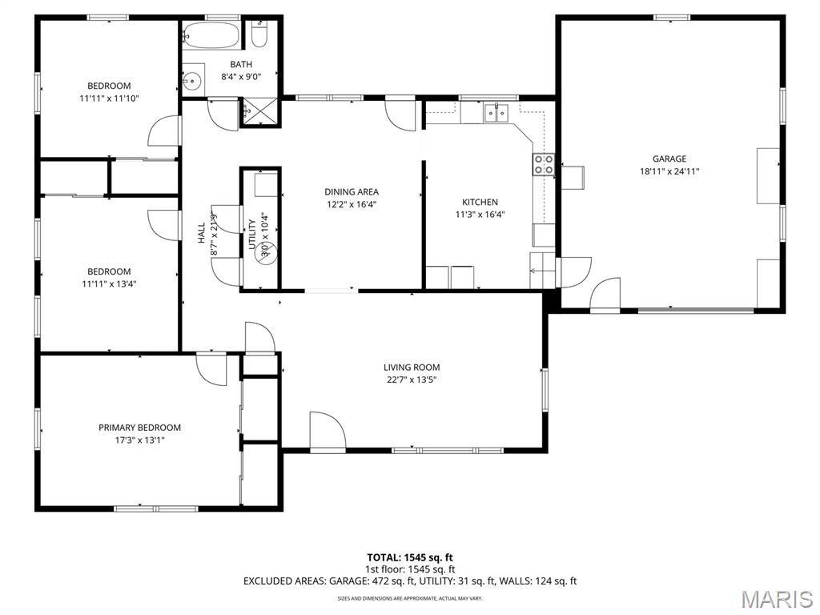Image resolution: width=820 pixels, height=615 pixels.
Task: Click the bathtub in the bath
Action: (x=211, y=36)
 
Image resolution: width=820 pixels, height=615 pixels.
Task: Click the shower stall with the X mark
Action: (x=260, y=111)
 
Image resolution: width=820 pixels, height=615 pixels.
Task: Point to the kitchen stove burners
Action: (x=544, y=164)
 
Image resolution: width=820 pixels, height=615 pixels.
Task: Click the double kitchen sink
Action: (x=495, y=114)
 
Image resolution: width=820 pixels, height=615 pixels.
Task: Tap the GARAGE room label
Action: (x=669, y=159)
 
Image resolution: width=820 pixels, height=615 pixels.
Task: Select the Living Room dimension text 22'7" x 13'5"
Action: (x=412, y=380)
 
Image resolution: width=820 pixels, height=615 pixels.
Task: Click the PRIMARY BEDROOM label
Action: (x=139, y=428)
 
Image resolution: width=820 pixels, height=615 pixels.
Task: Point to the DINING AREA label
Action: (x=351, y=191)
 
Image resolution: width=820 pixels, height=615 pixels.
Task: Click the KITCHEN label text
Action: (x=480, y=202)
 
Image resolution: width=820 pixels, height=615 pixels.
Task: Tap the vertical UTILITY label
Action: (x=252, y=234)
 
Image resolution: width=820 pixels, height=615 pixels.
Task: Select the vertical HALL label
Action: (x=202, y=232)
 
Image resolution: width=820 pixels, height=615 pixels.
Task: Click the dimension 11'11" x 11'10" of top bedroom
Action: (x=109, y=98)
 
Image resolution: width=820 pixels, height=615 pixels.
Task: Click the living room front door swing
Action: (x=328, y=432)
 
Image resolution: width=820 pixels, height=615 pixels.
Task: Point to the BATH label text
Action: (x=241, y=65)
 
